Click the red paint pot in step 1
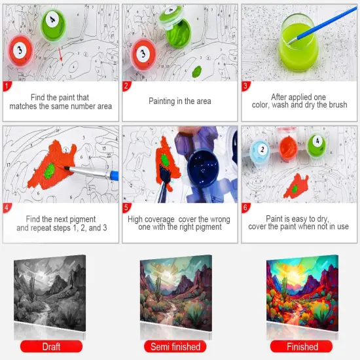tap(20, 50)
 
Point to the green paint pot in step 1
tap(50, 23)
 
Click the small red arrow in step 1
tap(60, 55)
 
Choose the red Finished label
tap(302, 346)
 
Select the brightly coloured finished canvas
tap(303, 289)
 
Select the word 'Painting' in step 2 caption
tap(162, 101)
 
